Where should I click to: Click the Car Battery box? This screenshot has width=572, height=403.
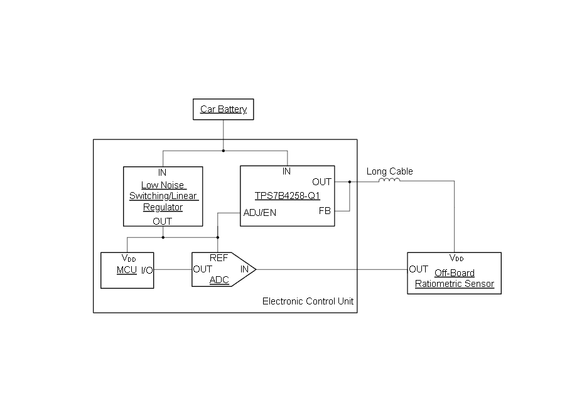click(x=224, y=109)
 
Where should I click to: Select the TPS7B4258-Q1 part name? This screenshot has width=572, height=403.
click(x=288, y=196)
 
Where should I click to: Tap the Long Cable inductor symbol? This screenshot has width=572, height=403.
click(x=389, y=181)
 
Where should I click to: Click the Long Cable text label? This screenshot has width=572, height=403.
click(x=390, y=171)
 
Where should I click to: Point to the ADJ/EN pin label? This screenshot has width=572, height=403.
click(x=259, y=213)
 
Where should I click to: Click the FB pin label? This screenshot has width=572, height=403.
click(x=325, y=211)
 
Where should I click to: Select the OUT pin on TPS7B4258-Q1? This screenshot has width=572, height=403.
click(x=321, y=182)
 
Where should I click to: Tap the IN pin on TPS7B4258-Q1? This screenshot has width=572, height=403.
click(x=286, y=171)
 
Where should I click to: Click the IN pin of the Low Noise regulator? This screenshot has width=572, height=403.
click(x=163, y=171)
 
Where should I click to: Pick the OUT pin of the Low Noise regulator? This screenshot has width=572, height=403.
click(x=163, y=221)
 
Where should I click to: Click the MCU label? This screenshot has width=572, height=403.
click(x=126, y=270)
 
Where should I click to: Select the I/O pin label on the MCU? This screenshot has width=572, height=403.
click(x=146, y=270)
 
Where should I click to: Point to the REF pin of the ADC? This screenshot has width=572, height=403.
click(x=219, y=258)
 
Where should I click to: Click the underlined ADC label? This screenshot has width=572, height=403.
click(x=219, y=280)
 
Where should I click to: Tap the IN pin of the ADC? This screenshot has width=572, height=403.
click(x=244, y=269)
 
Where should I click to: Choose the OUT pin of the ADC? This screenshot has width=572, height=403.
click(x=202, y=269)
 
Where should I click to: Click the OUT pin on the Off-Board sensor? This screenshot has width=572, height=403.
click(x=418, y=269)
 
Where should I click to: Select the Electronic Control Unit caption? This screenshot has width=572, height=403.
click(x=308, y=301)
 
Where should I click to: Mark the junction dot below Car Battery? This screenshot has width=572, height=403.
click(x=224, y=151)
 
